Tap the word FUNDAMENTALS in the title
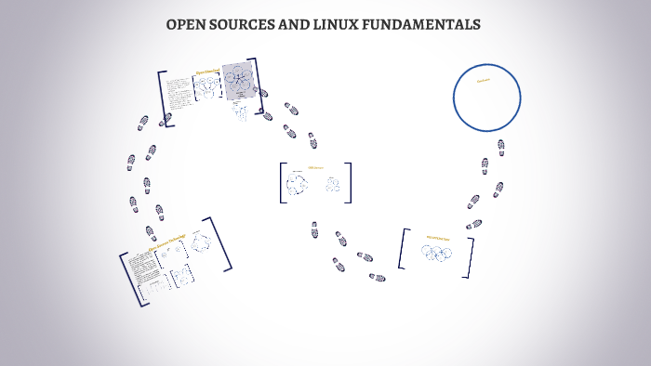(x=431, y=24)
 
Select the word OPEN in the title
(x=186, y=24)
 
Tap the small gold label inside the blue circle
(x=484, y=81)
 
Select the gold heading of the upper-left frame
(x=206, y=71)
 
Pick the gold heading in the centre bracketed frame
(x=315, y=168)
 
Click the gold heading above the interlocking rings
(x=437, y=237)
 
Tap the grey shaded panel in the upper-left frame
(x=238, y=81)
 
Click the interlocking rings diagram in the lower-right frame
(x=437, y=253)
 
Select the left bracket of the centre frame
(x=282, y=183)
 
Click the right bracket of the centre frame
(x=350, y=183)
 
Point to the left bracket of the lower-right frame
(x=402, y=249)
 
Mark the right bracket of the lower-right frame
(x=471, y=257)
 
